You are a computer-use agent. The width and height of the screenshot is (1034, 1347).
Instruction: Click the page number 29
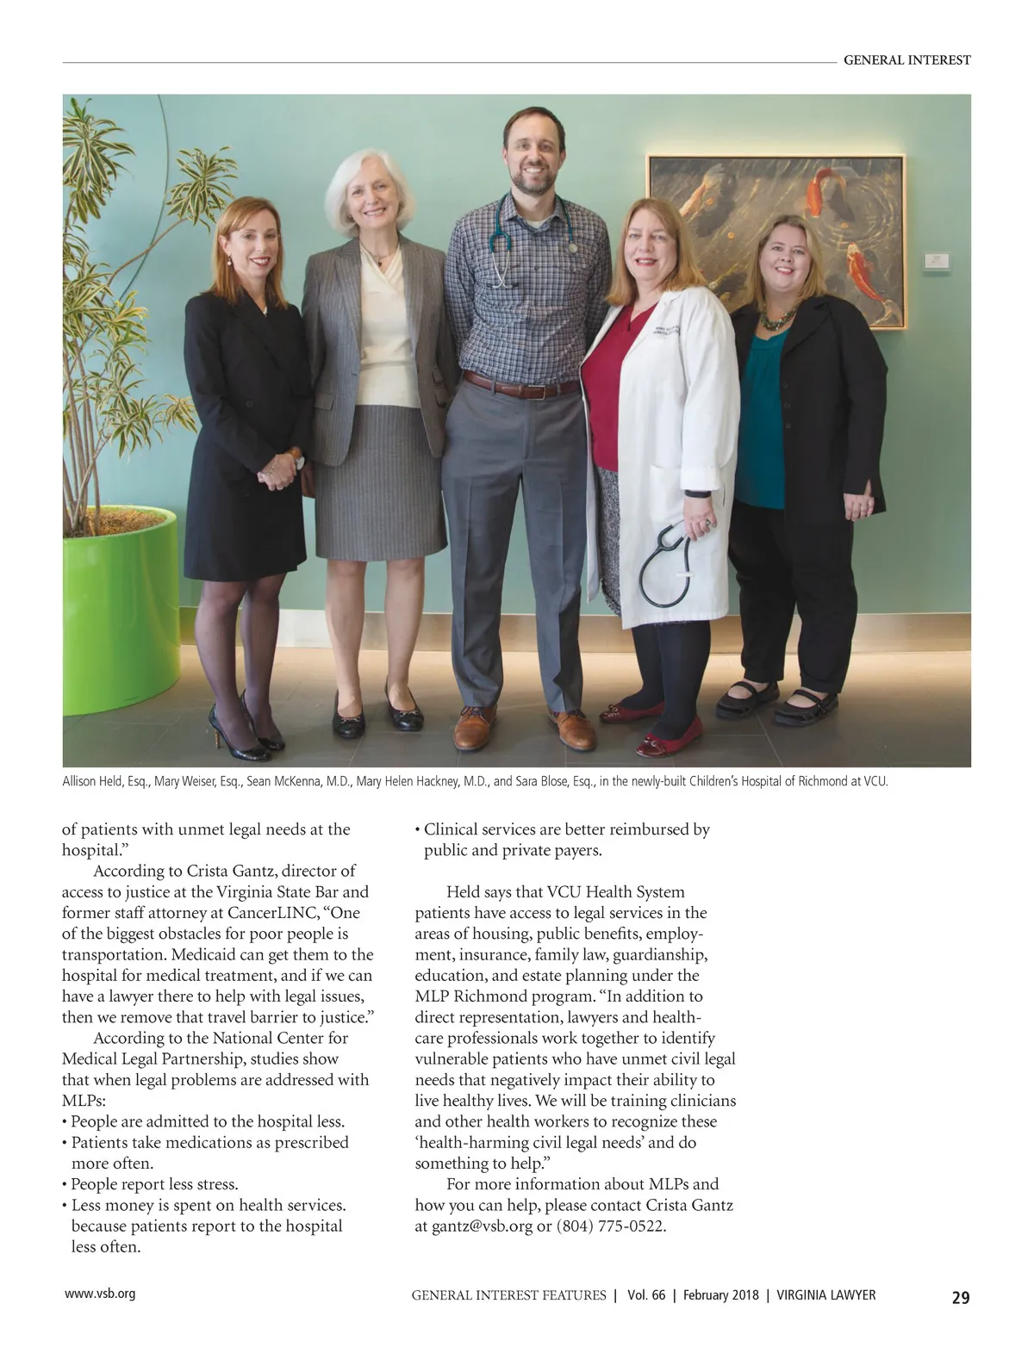point(960,1297)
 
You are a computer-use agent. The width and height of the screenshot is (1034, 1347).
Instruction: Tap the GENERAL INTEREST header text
point(906,60)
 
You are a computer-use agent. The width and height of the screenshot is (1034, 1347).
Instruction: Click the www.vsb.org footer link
point(100,1294)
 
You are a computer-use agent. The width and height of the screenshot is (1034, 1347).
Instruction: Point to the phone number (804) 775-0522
point(611,1226)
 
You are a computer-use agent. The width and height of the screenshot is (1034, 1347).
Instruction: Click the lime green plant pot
point(120,611)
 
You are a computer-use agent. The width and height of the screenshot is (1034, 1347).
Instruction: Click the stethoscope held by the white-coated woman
point(665,564)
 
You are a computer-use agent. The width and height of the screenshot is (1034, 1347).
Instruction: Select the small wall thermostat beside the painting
point(936,260)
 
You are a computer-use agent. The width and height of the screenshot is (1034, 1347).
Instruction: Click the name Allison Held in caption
point(93,782)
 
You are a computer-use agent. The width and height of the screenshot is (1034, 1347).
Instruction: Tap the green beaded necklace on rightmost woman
point(776,320)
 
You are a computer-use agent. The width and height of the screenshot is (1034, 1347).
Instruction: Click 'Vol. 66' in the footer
point(646,1295)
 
